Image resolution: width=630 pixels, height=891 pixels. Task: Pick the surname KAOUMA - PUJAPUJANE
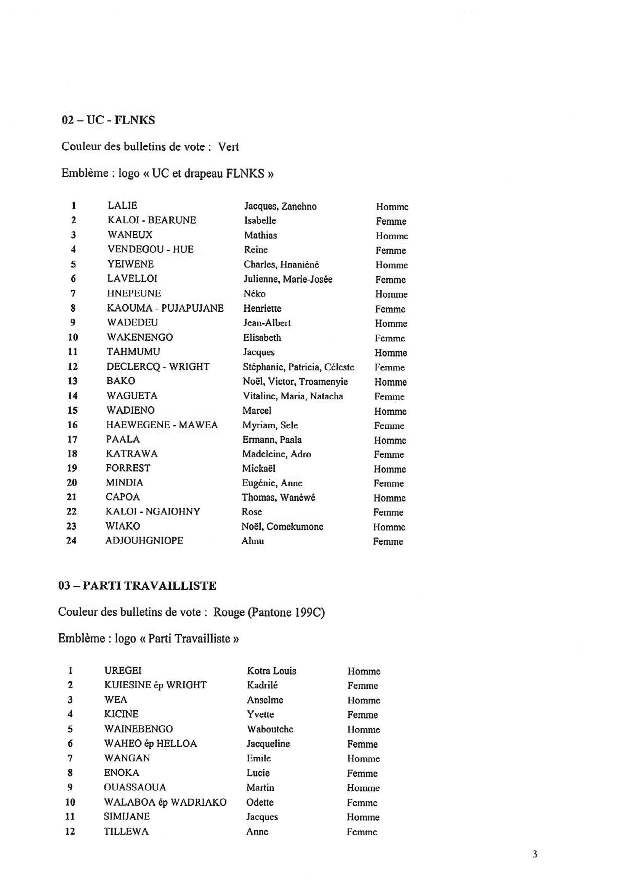pos(165,308)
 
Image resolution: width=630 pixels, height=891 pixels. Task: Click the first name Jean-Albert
pos(267,323)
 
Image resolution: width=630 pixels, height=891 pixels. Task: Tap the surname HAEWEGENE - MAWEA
pos(162,425)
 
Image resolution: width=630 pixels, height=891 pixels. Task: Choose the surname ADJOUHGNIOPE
pos(144,541)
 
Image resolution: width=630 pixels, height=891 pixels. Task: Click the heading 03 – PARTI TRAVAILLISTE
pos(137,586)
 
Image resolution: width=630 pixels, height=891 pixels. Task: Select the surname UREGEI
pos(123,670)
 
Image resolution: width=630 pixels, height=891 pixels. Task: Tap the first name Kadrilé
pos(262,685)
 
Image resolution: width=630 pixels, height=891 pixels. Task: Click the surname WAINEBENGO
pos(138,729)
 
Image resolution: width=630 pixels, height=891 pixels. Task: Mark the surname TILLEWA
pos(126,831)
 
